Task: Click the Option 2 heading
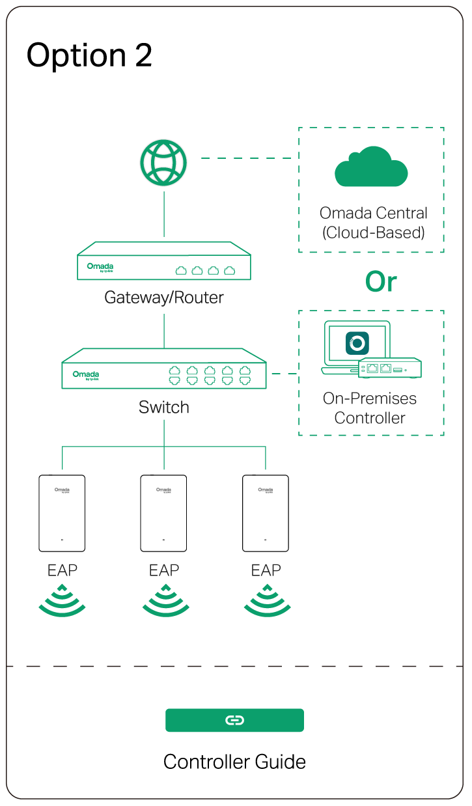tap(89, 56)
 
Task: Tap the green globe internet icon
tap(163, 163)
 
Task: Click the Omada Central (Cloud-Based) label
tap(373, 223)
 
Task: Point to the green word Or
tap(381, 282)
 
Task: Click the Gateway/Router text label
tap(164, 298)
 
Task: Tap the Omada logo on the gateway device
tap(100, 267)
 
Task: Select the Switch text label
tap(164, 408)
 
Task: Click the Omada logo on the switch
tap(85, 375)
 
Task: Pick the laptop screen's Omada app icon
tap(357, 343)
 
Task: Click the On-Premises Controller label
tap(370, 408)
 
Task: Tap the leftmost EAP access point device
tap(62, 514)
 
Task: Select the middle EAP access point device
tap(163, 514)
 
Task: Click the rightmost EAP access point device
tap(266, 514)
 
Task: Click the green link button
tap(234, 720)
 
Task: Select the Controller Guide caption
tap(234, 762)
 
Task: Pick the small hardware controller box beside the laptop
tap(389, 368)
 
